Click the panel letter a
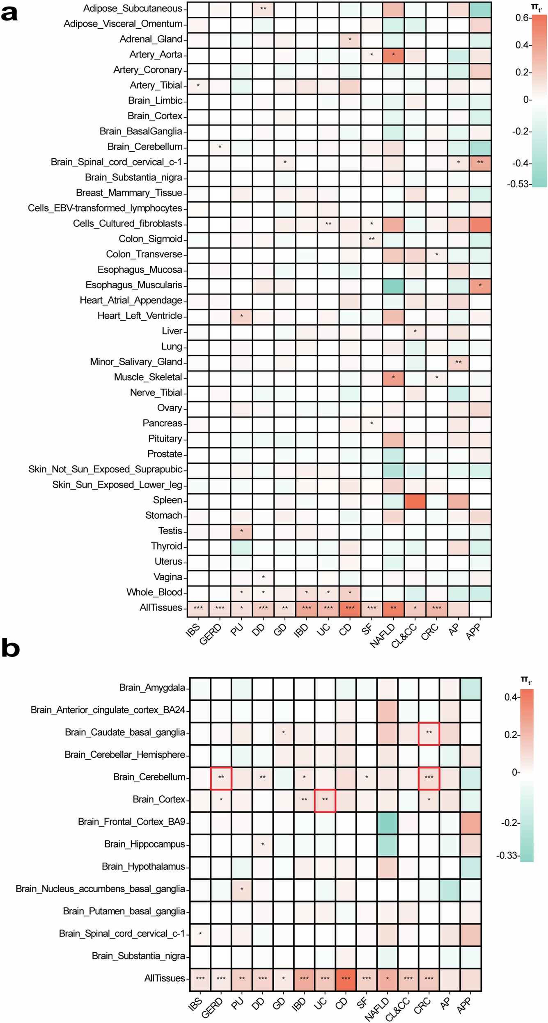(x=9, y=13)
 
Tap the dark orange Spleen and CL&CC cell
(x=415, y=501)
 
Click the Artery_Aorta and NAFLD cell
(x=393, y=55)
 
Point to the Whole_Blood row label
(x=154, y=592)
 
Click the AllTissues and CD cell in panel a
(x=350, y=608)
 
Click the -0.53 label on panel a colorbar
(x=518, y=184)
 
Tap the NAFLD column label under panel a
(x=383, y=636)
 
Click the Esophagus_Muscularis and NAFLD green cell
(x=393, y=285)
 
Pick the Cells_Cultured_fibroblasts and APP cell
(x=480, y=224)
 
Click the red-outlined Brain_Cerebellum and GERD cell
(x=221, y=777)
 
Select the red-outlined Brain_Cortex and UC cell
(x=325, y=800)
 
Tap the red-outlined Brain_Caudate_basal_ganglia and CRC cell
(x=429, y=733)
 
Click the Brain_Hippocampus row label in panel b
(x=144, y=844)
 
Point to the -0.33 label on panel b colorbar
(x=507, y=855)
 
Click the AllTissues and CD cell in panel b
(x=346, y=978)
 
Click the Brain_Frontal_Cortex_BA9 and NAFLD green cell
(x=387, y=822)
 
